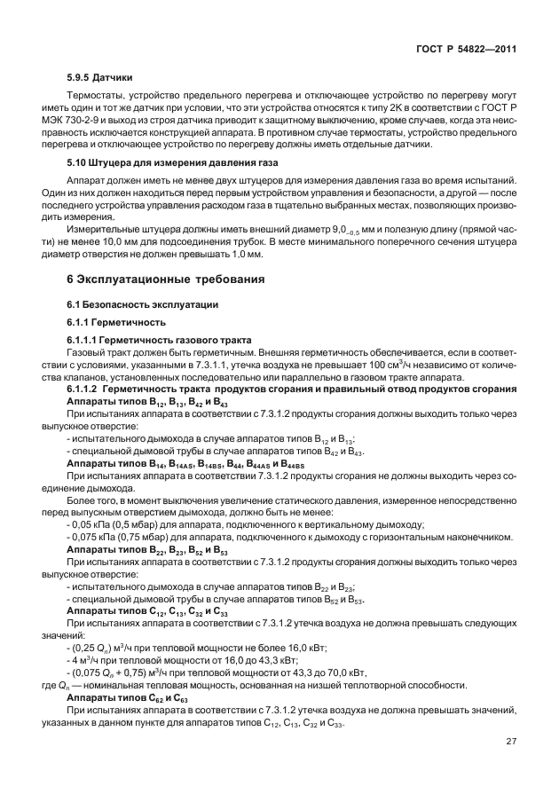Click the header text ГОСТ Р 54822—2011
tap(468, 50)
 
